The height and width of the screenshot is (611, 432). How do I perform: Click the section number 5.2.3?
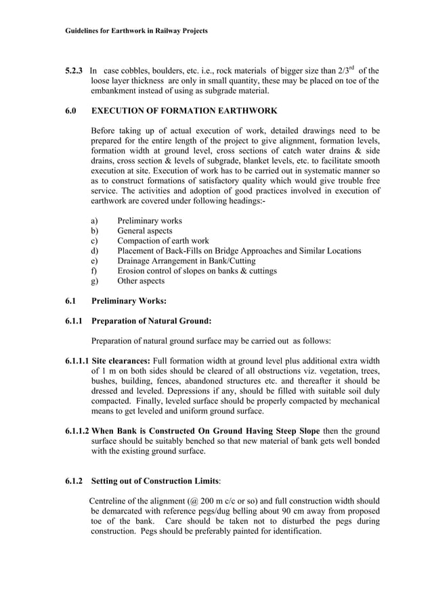(73, 70)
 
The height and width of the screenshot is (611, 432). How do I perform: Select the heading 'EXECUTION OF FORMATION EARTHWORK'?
(183, 110)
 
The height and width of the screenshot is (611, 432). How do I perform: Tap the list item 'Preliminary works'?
(149, 221)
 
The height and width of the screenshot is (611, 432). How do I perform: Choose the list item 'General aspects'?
(144, 231)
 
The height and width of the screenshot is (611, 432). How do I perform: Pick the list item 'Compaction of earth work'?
(163, 241)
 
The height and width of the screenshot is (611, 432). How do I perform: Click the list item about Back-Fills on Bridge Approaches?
(238, 251)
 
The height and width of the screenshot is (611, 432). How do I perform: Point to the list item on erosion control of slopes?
(196, 271)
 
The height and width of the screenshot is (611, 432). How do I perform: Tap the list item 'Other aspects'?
(140, 281)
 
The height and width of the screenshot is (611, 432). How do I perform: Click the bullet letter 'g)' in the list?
(95, 281)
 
